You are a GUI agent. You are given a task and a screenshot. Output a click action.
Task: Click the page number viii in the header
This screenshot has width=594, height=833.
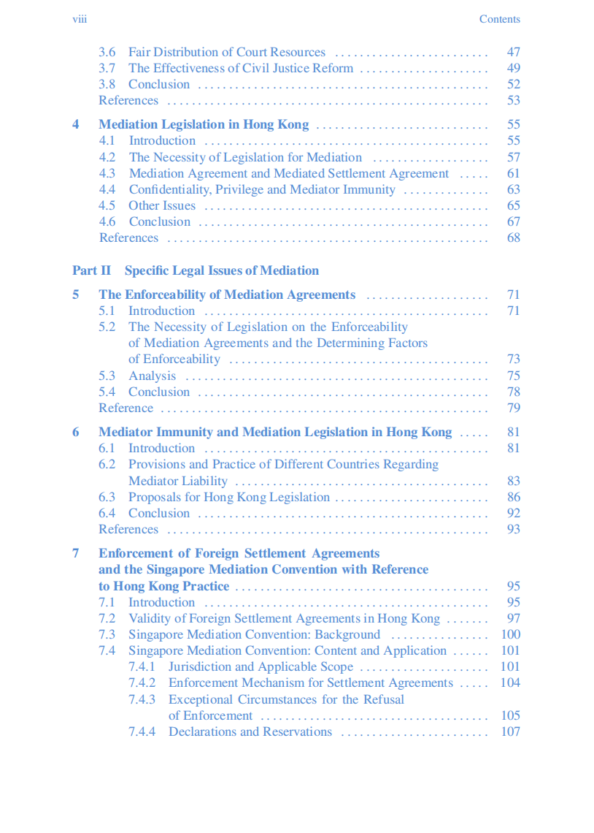tap(80, 19)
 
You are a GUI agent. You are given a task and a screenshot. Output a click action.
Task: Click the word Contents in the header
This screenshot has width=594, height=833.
tap(499, 19)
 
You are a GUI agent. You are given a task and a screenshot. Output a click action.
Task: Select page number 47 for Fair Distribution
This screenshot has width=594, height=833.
tap(513, 52)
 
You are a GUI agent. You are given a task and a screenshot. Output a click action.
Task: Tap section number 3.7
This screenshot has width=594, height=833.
tap(107, 68)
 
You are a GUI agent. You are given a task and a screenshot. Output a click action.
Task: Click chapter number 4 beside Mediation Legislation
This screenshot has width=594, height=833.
tap(76, 124)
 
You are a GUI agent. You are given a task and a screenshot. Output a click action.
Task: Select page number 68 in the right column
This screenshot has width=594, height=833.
tap(513, 237)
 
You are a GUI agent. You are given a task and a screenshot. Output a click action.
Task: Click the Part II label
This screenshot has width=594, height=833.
tap(91, 270)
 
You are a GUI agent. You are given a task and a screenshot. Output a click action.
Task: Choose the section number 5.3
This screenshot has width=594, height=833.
tap(107, 376)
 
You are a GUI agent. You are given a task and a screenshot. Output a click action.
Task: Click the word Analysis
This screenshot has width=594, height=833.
tap(152, 376)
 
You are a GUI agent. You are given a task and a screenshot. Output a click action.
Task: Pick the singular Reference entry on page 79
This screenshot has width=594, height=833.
tap(126, 408)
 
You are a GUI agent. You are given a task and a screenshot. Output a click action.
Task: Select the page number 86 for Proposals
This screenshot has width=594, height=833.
tap(513, 497)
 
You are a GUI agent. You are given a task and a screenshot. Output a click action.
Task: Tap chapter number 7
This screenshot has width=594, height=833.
tap(76, 553)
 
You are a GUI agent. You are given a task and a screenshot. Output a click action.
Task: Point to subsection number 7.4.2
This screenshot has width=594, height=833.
tap(142, 682)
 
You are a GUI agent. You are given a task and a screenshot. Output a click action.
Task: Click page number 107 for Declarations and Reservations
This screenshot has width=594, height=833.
tap(510, 731)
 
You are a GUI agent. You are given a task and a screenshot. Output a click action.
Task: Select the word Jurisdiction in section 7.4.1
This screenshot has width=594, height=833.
tap(200, 666)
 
